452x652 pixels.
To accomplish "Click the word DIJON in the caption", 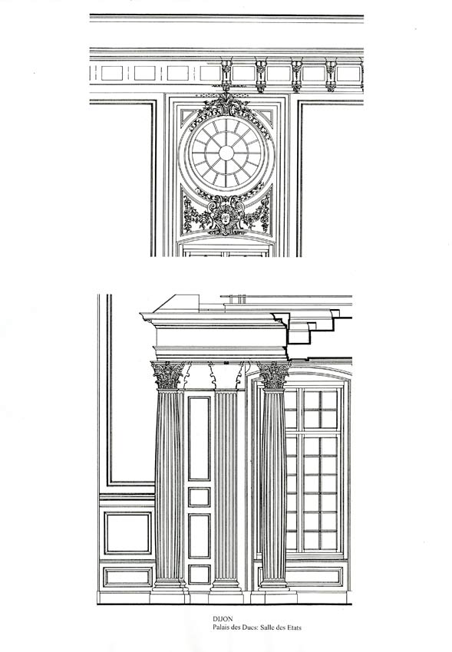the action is [x=223, y=619].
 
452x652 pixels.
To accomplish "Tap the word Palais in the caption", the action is [x=222, y=627].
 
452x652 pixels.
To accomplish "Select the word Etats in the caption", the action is [x=293, y=627].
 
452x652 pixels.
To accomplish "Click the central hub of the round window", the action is [x=226, y=153].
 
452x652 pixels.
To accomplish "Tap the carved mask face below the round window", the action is [x=226, y=218].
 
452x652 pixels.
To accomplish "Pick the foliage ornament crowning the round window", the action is [x=226, y=104].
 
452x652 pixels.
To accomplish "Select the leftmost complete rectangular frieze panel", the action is [x=112, y=73].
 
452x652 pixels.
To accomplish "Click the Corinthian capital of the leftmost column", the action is [x=167, y=375].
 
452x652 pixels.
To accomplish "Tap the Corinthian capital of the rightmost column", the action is [x=274, y=374].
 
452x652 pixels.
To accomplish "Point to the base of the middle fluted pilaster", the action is [x=226, y=585].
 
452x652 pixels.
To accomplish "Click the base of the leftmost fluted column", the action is [x=168, y=585].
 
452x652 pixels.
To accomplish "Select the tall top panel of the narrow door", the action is [x=200, y=438].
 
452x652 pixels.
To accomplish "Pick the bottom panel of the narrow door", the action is [x=200, y=574].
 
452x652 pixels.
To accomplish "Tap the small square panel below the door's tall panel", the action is [x=200, y=497].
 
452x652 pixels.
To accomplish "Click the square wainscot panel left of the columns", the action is [x=127, y=533].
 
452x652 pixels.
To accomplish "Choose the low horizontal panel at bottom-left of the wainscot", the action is [x=127, y=577].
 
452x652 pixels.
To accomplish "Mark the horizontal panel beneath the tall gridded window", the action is [x=314, y=576].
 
